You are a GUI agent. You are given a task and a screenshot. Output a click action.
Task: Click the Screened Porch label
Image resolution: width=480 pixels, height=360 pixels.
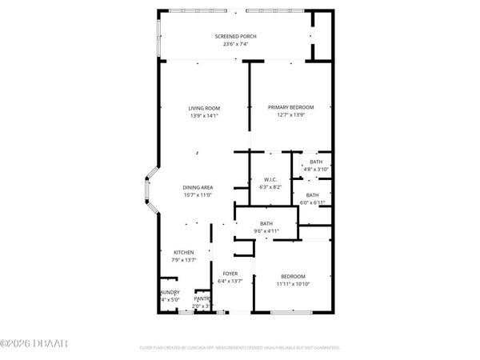pyautogui.click(x=234, y=37)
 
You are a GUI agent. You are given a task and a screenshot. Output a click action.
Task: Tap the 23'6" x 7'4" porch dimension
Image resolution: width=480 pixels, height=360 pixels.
pyautogui.click(x=234, y=44)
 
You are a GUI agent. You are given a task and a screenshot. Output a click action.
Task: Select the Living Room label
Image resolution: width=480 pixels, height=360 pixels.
pyautogui.click(x=204, y=108)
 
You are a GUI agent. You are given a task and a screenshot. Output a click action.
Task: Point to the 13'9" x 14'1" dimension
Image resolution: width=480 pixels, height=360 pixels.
pyautogui.click(x=204, y=115)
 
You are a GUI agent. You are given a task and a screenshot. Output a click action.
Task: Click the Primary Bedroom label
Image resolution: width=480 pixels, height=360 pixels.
pyautogui.click(x=290, y=107)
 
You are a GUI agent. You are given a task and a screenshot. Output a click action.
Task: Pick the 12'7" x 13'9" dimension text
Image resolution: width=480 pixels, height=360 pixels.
pyautogui.click(x=290, y=114)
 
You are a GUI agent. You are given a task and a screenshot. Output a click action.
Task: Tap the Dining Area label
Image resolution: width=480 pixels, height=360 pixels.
pyautogui.click(x=197, y=187)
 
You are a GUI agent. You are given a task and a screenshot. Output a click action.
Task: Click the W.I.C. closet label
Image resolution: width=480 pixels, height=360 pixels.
pyautogui.click(x=270, y=178)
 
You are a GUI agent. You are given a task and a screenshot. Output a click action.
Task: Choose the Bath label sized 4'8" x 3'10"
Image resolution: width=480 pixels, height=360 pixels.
pyautogui.click(x=316, y=162)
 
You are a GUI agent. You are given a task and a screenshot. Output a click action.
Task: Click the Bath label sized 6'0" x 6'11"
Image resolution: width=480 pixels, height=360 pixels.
pyautogui.click(x=312, y=195)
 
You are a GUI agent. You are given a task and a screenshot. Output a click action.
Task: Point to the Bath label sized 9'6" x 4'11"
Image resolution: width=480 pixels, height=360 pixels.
pyautogui.click(x=266, y=224)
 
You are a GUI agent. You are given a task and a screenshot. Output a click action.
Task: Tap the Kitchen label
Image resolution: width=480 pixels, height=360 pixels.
pyautogui.click(x=184, y=252)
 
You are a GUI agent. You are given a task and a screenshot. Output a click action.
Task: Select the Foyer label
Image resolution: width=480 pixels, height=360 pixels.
pyautogui.click(x=230, y=274)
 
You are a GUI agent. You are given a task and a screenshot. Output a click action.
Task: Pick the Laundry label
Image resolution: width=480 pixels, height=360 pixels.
pyautogui.click(x=170, y=292)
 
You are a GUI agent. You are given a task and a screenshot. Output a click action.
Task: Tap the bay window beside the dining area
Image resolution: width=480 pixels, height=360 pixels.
pyautogui.click(x=147, y=189)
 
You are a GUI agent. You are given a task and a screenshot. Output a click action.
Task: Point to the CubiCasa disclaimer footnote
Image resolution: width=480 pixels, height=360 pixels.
pyautogui.click(x=239, y=348)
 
